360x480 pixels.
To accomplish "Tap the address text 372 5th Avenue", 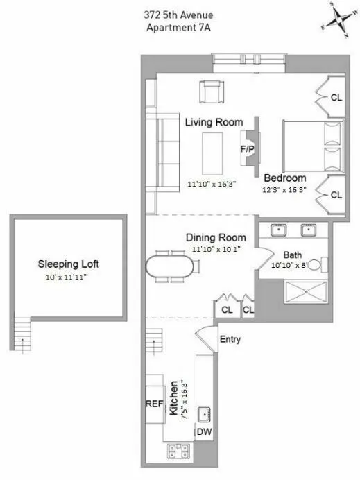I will (x=180, y=15).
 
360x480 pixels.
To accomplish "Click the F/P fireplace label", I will (x=246, y=148).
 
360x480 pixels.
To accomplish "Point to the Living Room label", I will (x=214, y=122).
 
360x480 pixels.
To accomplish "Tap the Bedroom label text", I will (x=284, y=178).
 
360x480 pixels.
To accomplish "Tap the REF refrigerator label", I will (x=154, y=404).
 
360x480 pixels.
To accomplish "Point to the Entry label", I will (x=230, y=340).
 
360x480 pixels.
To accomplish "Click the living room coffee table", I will (x=212, y=153).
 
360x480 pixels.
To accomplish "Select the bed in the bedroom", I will (x=313, y=146).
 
